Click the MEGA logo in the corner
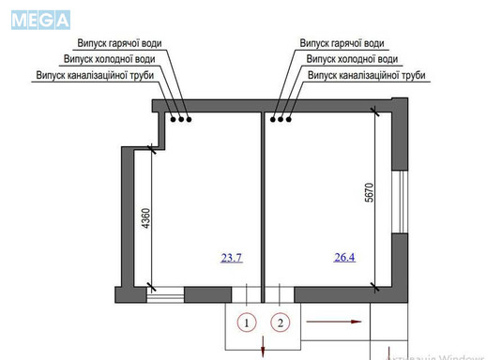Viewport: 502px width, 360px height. tap(41, 19)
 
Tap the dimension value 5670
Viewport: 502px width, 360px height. tap(371, 191)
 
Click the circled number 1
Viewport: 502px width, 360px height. tap(246, 323)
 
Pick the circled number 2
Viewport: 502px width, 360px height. tap(280, 323)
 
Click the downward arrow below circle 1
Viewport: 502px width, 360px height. tap(261, 348)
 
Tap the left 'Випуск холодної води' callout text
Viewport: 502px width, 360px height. tap(112, 58)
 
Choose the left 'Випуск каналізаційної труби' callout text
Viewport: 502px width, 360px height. tap(96, 73)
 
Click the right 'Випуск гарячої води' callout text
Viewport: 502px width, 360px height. tap(342, 43)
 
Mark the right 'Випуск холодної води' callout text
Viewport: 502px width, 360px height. tap(350, 58)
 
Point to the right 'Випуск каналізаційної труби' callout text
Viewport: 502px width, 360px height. tap(367, 73)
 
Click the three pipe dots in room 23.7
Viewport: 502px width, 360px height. tap(181, 119)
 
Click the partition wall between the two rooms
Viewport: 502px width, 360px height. tap(260, 202)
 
